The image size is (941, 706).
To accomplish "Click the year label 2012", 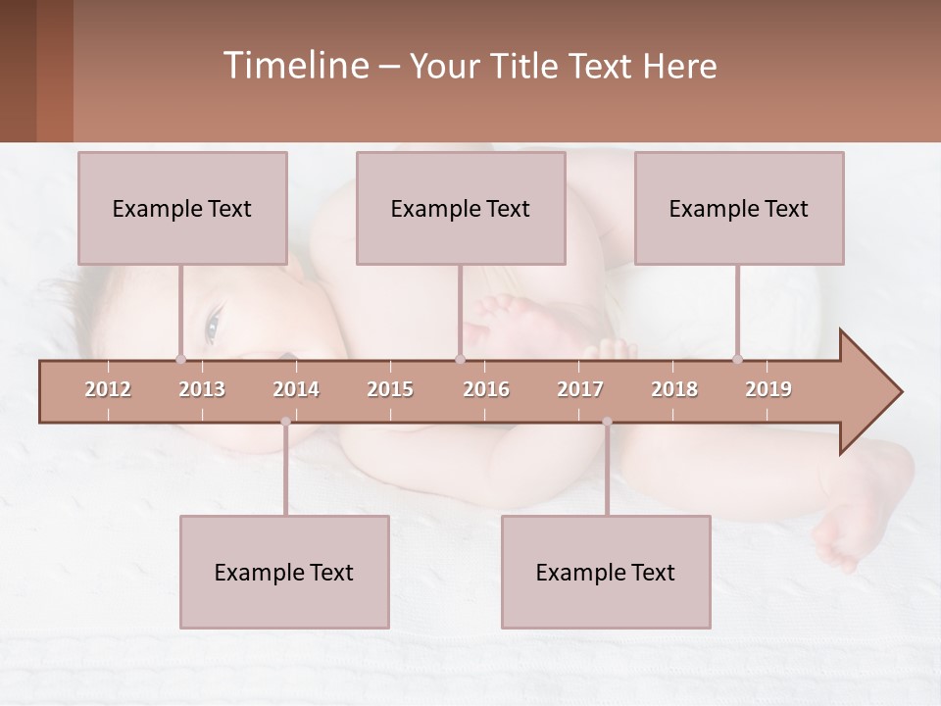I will pos(108,389).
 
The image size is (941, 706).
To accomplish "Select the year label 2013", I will pos(202,389).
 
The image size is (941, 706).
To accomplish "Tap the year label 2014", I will pos(296,389).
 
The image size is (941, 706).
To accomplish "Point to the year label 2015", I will pos(390,389).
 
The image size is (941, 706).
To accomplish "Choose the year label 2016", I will pos(486,389).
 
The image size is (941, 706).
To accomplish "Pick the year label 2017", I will pos(580,389).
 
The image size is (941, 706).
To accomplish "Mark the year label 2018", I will pos(674,389).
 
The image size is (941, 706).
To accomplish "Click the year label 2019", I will pos(768,389).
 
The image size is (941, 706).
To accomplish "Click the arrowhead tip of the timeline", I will pos(899,392).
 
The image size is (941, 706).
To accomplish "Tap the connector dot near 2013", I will pos(180,359).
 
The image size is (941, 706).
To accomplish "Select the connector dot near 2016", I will pos(460,359).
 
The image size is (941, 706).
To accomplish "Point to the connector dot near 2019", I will pos(737,359).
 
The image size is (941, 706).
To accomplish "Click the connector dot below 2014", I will pos(285,422).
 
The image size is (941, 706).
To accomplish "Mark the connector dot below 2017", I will pos(607,422).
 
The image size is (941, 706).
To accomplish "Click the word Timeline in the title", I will pos(295,66).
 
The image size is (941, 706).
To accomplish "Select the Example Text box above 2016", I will pos(461,208).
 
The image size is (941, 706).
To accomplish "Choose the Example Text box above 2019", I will pos(739,208).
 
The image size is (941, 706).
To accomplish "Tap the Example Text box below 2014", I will pos(284,572).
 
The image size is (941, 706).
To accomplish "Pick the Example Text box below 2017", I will pos(606,572).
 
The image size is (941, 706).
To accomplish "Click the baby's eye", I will pos(212,326).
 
